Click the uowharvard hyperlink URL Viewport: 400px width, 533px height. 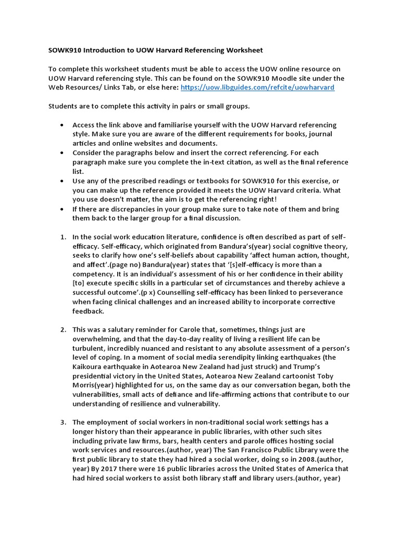[x=257, y=87]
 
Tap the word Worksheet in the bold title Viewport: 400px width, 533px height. [x=244, y=50]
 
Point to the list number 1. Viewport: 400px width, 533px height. [x=63, y=237]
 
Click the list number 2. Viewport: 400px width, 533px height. [x=63, y=329]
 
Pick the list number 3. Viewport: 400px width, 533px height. [x=63, y=422]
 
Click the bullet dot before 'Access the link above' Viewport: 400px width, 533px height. [x=63, y=125]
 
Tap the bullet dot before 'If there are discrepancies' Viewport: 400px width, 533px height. [x=63, y=209]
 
